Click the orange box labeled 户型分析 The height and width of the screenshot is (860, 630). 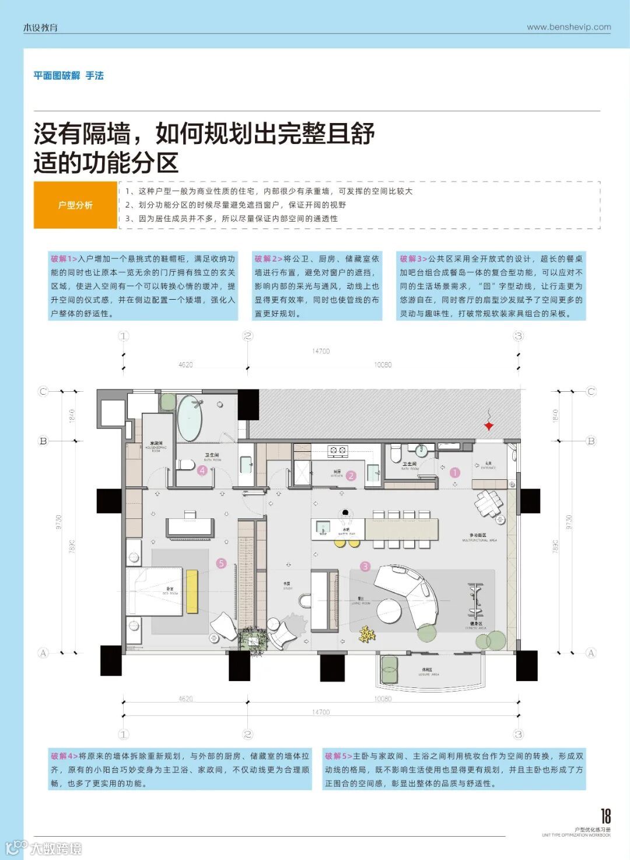75,205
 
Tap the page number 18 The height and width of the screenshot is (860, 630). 605,816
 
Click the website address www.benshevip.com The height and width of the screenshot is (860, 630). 569,27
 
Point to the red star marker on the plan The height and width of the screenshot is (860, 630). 489,426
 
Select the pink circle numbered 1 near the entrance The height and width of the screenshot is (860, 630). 455,473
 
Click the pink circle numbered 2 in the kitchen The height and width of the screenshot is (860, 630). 351,476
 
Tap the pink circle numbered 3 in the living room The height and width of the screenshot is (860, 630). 365,566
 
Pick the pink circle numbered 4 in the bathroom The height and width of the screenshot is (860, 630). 202,471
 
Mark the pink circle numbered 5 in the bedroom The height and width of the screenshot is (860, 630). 221,563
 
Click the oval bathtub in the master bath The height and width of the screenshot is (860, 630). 190,419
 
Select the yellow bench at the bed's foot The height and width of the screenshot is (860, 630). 192,591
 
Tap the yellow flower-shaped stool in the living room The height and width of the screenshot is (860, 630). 366,634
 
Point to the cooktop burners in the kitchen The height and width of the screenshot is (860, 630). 337,450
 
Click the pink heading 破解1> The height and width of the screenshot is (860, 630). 64,259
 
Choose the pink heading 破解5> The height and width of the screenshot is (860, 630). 338,756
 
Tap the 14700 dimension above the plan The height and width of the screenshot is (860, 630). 321,351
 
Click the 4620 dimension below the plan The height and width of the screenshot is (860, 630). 185,698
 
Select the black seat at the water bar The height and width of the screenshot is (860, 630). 345,513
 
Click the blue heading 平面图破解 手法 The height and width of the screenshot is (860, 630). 68,76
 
